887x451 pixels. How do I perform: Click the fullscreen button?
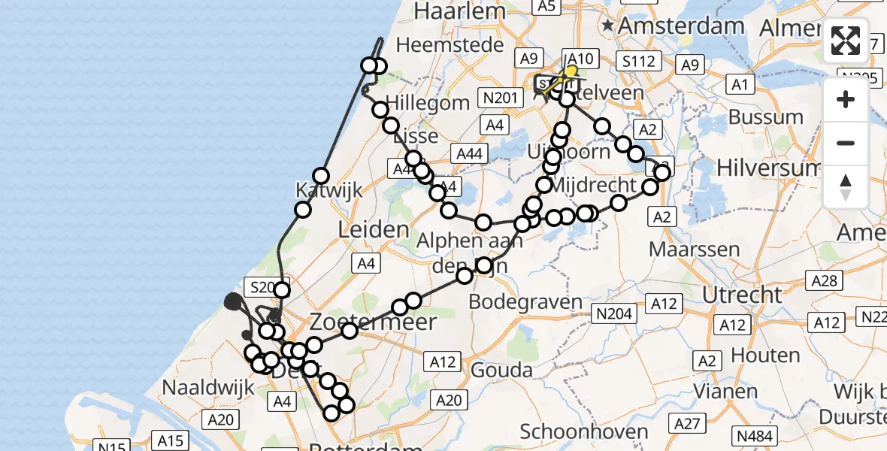tap(846, 41)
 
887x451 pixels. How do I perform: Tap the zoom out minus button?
tap(846, 143)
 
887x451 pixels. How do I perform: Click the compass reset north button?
tap(846, 187)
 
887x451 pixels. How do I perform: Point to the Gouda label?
tap(501, 370)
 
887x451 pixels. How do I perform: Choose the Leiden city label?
tap(374, 230)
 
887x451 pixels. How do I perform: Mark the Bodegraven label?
tap(525, 302)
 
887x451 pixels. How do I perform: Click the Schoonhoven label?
tap(584, 431)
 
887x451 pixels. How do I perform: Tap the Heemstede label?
tap(450, 45)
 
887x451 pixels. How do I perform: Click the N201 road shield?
tap(500, 97)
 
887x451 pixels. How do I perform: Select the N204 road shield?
tap(613, 313)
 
